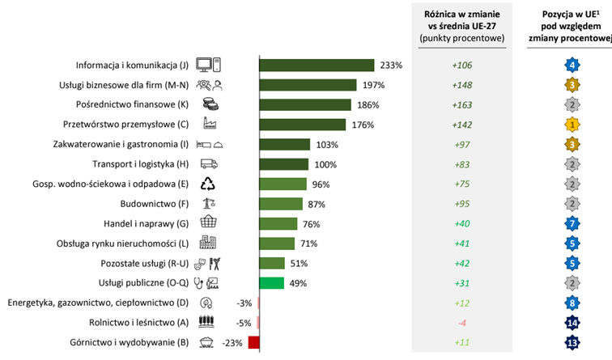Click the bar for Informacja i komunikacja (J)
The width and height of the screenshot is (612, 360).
click(316, 66)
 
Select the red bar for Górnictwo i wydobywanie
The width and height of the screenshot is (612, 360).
click(253, 342)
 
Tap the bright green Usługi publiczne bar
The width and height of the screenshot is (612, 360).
click(271, 283)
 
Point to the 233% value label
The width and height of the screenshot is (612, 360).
click(391, 66)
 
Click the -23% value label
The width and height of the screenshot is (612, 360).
click(234, 342)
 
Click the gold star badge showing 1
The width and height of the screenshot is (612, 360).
click(572, 125)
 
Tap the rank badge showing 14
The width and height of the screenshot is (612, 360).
click(572, 323)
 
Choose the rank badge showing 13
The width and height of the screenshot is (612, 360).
click(572, 342)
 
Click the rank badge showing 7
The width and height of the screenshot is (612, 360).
click(572, 223)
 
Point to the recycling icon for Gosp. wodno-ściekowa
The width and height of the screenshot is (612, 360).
click(208, 184)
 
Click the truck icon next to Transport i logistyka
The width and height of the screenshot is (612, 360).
click(208, 164)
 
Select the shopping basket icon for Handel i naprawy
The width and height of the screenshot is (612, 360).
click(208, 223)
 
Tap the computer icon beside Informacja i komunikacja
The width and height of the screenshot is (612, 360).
click(208, 66)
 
